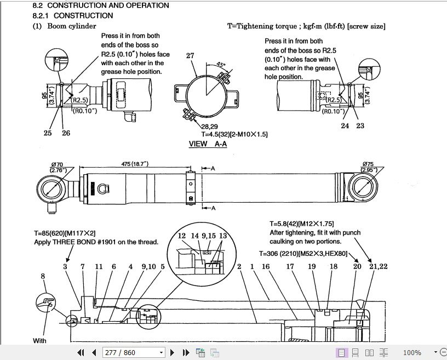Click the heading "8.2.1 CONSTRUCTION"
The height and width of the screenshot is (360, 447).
(x=72, y=15)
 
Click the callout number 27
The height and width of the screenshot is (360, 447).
(x=190, y=56)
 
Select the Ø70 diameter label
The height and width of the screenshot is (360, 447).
(x=58, y=164)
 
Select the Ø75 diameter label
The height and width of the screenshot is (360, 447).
(x=368, y=164)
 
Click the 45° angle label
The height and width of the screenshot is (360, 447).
(x=221, y=64)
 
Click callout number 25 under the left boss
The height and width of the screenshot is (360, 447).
(x=48, y=133)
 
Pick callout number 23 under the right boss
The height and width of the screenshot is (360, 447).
(x=360, y=126)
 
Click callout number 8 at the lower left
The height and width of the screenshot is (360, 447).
(x=43, y=277)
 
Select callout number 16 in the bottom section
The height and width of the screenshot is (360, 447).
(x=266, y=267)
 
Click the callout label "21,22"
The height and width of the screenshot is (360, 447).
(x=378, y=267)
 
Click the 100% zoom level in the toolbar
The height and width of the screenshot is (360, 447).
(x=412, y=352)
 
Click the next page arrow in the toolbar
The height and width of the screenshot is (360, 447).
(x=173, y=352)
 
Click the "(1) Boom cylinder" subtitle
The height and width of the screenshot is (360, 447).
(x=65, y=26)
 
